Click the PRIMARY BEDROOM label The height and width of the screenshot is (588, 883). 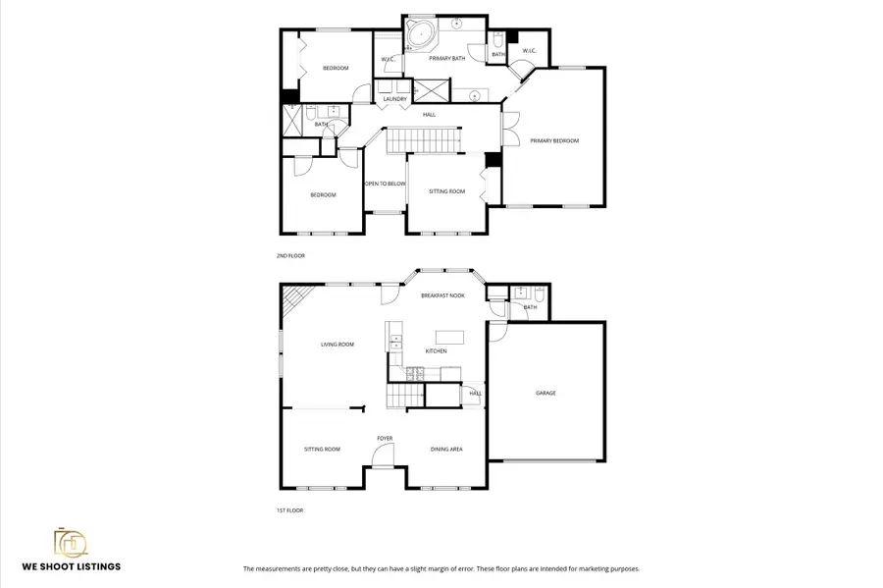554,141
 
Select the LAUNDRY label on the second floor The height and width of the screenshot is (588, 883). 395,99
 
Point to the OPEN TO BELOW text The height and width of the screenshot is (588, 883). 386,184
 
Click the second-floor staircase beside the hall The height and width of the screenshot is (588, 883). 422,140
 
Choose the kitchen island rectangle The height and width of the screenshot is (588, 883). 449,337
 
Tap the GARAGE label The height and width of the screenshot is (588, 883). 545,393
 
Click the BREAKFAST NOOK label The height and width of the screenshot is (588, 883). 442,295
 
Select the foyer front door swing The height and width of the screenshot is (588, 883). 383,454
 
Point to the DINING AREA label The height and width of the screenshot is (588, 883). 446,450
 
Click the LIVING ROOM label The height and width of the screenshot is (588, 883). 338,345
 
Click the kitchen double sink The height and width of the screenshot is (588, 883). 396,343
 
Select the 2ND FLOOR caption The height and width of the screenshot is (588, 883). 290,255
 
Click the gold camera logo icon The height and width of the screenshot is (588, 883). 71,544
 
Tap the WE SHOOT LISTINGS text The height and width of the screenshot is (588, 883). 72,566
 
